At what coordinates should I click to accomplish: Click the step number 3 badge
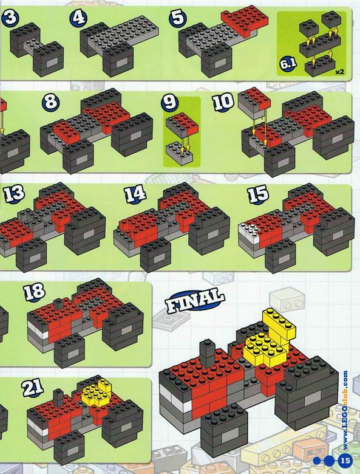[x=10, y=18]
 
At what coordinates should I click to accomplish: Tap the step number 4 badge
[x=78, y=18]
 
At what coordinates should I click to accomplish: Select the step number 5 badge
[x=178, y=18]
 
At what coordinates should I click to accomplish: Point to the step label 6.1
[x=288, y=64]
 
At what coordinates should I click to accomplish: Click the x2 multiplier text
[x=339, y=72]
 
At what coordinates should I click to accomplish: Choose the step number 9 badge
[x=170, y=102]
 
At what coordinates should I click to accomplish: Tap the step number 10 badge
[x=223, y=102]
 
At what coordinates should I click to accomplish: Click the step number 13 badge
[x=14, y=194]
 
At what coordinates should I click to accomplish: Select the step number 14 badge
[x=135, y=194]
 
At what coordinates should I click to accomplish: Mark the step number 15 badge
[x=258, y=194]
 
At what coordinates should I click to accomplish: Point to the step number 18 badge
[x=35, y=292]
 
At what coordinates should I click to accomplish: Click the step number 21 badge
[x=33, y=388]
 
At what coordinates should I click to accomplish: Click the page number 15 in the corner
[x=345, y=461]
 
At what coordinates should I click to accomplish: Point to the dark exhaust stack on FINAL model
[x=207, y=353]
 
